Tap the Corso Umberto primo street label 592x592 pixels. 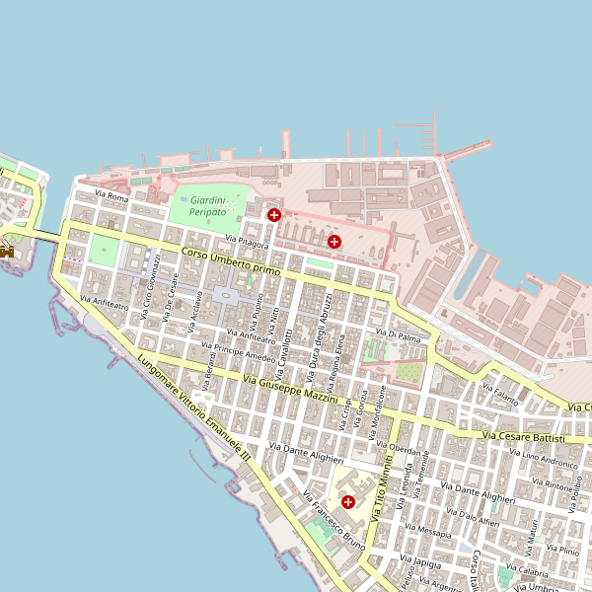coord(231,261)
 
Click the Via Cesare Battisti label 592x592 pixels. coord(523,436)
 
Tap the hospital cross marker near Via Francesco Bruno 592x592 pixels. coord(347,501)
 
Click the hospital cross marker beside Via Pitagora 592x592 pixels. coord(274,214)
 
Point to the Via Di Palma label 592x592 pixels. coord(404,336)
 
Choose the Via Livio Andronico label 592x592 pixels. coord(543,457)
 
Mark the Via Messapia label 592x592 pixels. coord(434,532)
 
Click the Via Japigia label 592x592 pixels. coord(420,561)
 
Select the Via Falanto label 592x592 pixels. coord(499,396)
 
